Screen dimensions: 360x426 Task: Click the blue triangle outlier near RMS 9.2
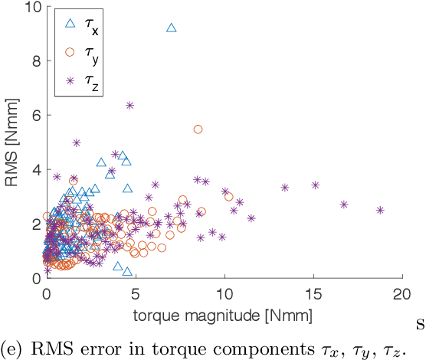pyautogui.click(x=171, y=28)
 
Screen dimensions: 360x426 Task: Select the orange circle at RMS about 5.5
pyautogui.click(x=198, y=129)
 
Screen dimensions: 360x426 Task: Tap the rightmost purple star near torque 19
pyautogui.click(x=380, y=210)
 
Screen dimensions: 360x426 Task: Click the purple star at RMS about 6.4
pyautogui.click(x=129, y=105)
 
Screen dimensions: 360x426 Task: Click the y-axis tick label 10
pyautogui.click(x=32, y=7)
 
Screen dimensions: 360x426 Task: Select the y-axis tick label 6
pyautogui.click(x=35, y=116)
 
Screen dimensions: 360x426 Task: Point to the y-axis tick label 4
pyautogui.click(x=35, y=169)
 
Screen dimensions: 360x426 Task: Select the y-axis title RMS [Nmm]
pyautogui.click(x=12, y=142)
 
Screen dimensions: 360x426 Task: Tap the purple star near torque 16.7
pyautogui.click(x=344, y=205)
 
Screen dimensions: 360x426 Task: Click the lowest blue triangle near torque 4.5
pyautogui.click(x=127, y=271)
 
